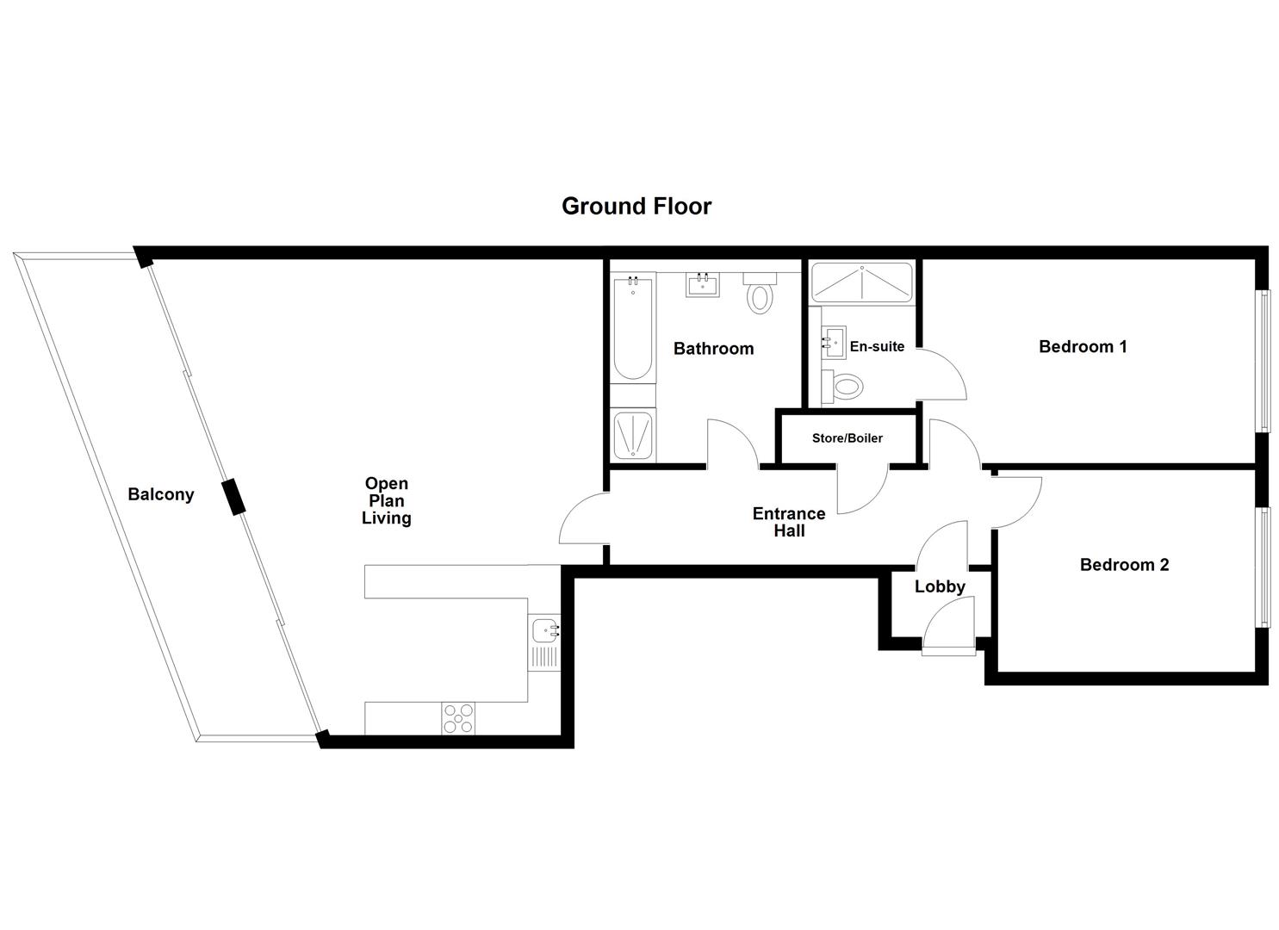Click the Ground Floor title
(636, 207)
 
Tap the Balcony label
(161, 494)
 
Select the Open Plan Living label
(386, 500)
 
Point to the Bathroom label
(713, 349)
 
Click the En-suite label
(877, 346)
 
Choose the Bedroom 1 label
(1083, 346)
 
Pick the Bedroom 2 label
(1124, 565)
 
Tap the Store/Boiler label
(847, 438)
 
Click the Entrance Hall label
(789, 522)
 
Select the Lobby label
(940, 586)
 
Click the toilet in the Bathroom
(760, 294)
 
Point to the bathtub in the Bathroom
(633, 327)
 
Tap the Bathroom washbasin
(704, 284)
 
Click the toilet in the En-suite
(842, 386)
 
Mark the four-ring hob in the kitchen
(458, 718)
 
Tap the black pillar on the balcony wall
(233, 498)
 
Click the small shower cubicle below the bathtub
(633, 435)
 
